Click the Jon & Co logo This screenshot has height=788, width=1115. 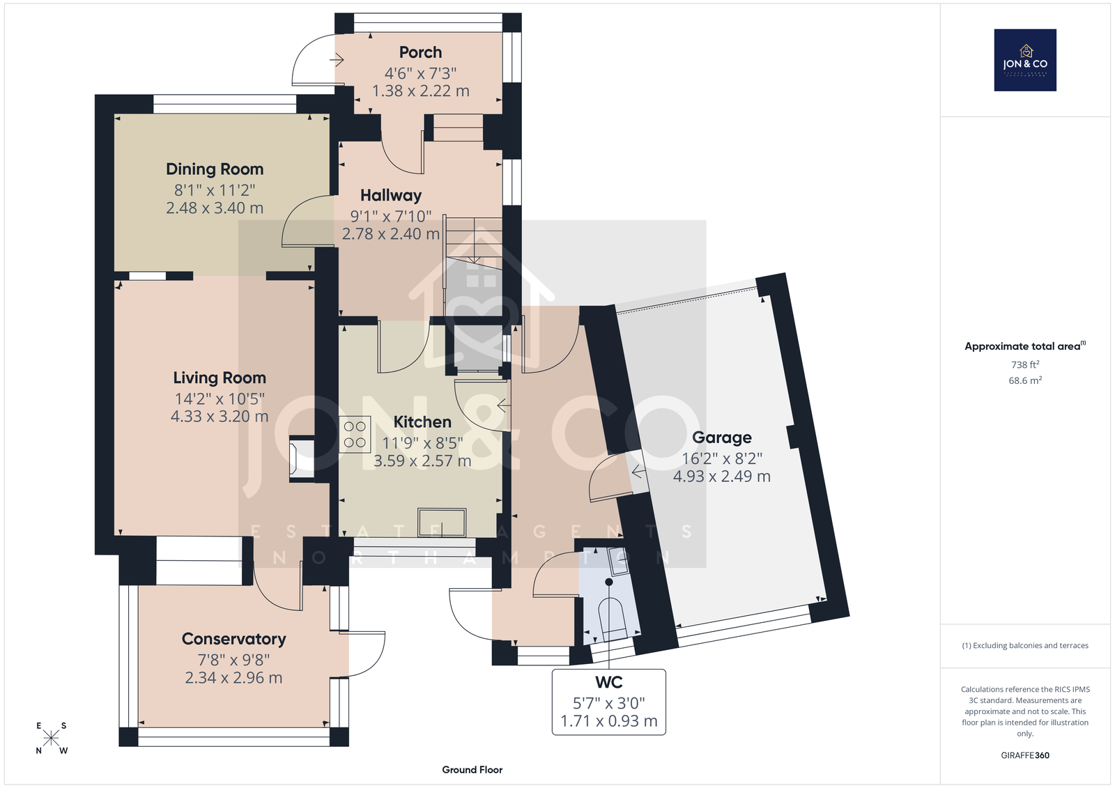[x=1025, y=60]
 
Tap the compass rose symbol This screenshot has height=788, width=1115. [x=52, y=738]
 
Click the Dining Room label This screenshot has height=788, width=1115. [x=215, y=169]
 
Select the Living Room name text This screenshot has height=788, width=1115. [x=220, y=378]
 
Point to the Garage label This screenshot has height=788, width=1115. [x=722, y=438]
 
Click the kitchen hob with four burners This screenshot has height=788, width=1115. [x=355, y=434]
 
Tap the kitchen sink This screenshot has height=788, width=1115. [x=442, y=522]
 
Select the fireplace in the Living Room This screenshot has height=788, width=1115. [x=302, y=458]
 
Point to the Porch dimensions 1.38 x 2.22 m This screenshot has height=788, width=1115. [x=421, y=91]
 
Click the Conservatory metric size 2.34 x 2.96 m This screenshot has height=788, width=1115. [x=233, y=678]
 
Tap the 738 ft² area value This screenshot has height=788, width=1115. [x=1025, y=364]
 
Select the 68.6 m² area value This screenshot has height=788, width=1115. [x=1025, y=380]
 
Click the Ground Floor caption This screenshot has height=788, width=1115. [x=472, y=770]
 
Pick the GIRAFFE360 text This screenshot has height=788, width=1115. [x=1025, y=755]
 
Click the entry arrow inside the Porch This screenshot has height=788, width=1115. [x=337, y=60]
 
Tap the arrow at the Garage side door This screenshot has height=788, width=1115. [x=638, y=471]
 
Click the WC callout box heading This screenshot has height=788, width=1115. [x=609, y=682]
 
